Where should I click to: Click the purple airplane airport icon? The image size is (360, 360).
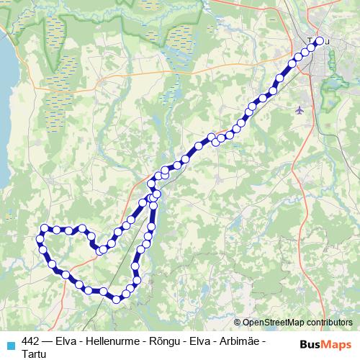(300, 109)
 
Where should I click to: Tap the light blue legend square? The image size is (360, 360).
(9, 343)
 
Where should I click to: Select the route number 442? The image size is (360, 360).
(31, 341)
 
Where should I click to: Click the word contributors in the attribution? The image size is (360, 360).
(328, 323)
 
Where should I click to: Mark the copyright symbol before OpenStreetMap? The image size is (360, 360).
(238, 323)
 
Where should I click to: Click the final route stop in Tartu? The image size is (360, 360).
(320, 41)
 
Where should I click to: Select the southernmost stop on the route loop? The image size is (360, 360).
(116, 298)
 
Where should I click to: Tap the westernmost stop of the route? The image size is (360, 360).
(40, 238)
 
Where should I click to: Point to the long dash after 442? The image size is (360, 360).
(50, 341)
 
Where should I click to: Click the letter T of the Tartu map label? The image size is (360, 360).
(310, 41)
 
